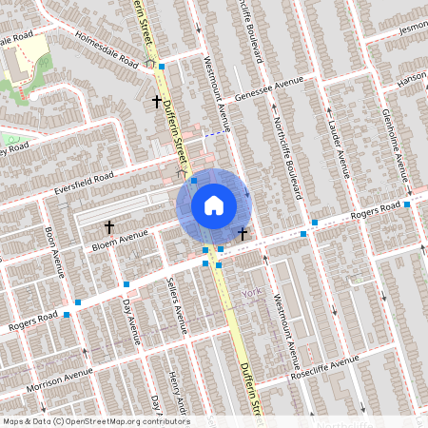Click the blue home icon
pyautogui.click(x=214, y=204)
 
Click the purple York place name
pyautogui.click(x=250, y=293)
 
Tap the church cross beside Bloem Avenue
pyautogui.click(x=109, y=227)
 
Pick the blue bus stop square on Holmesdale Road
pyautogui.click(x=162, y=67)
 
